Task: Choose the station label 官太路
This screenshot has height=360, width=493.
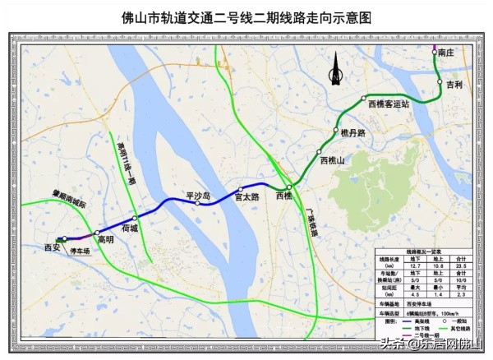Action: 247,197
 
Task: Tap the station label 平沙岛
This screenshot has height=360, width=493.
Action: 198,196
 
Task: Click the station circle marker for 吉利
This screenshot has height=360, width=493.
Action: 441,84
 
